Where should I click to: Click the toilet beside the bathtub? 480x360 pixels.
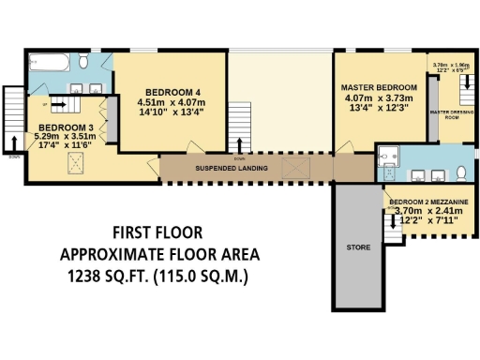point(83,62)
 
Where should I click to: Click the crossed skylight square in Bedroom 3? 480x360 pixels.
point(72,165)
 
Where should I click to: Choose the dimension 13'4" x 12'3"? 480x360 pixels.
point(376,108)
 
